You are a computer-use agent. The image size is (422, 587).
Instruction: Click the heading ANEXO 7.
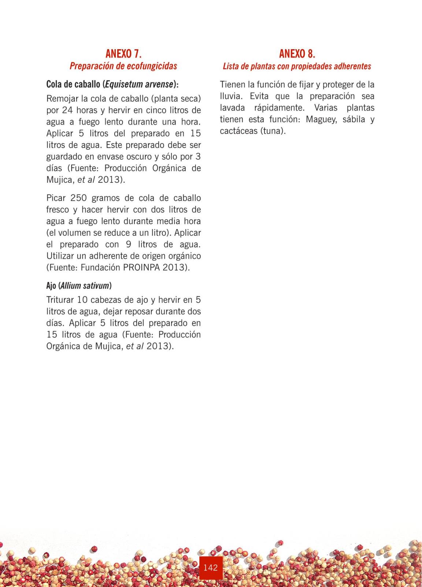(123, 54)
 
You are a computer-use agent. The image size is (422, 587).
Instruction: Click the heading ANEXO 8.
(297, 54)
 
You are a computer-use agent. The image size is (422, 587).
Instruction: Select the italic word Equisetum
(121, 84)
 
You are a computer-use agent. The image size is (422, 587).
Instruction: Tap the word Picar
(56, 198)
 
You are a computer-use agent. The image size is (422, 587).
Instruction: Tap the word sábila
(353, 120)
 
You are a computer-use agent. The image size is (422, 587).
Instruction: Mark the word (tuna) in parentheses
(273, 131)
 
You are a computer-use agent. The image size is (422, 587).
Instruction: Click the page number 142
(211, 568)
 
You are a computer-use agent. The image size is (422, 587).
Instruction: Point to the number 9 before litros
(128, 244)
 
